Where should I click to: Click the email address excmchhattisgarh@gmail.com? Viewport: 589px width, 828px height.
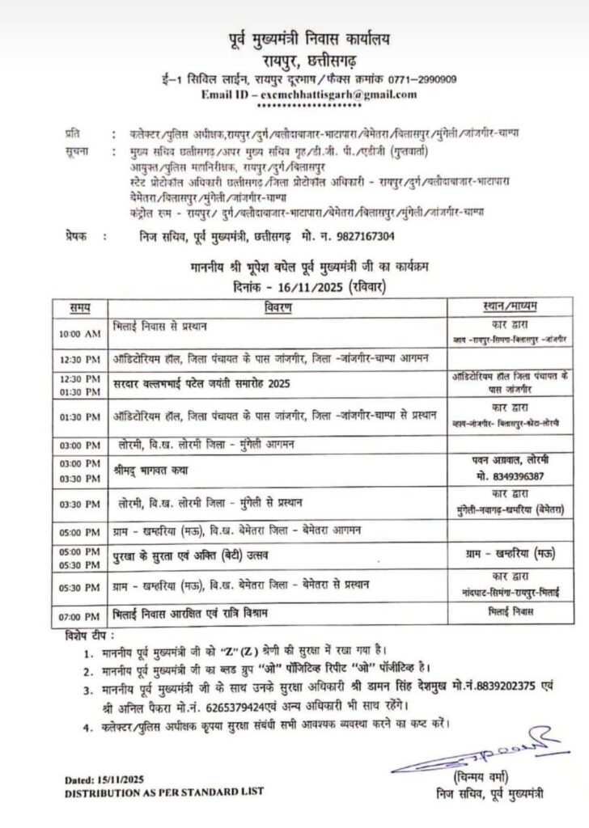click(x=335, y=95)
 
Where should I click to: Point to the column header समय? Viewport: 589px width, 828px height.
click(x=79, y=306)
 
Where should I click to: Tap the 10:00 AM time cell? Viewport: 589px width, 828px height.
click(x=79, y=334)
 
